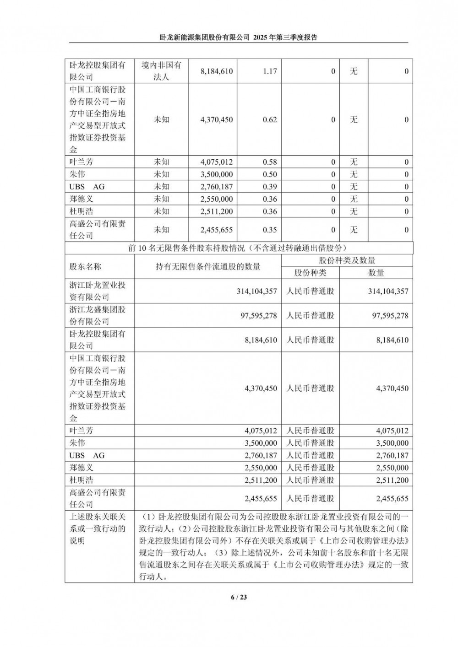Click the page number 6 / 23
pos(239,597)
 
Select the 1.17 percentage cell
pos(270,71)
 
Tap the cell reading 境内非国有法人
pos(161,71)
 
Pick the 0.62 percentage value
pos(270,120)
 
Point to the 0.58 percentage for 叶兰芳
pos(270,162)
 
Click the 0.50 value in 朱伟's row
pos(270,174)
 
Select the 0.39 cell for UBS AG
pos(270,187)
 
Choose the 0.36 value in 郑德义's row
pos(270,199)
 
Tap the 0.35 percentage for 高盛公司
pos(270,230)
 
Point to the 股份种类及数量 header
pos(347,260)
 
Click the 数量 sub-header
pos(376,273)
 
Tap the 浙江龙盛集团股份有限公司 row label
pos(97,315)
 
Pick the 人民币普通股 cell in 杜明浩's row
pos(310,480)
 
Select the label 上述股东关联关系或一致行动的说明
pos(97,528)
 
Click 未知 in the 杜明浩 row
pos(161,211)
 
